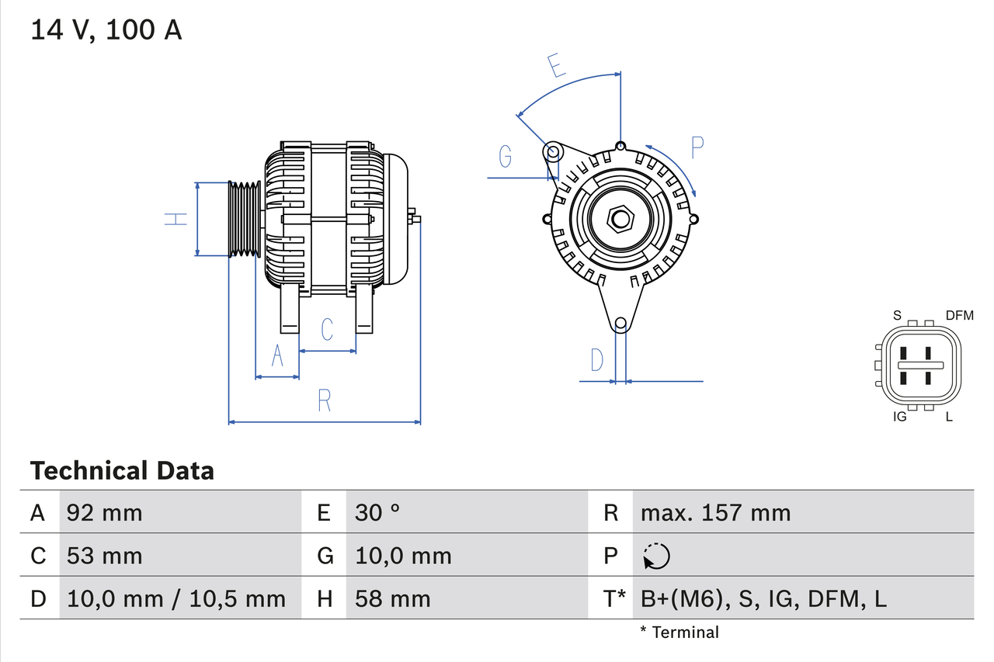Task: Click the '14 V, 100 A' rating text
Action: point(106,30)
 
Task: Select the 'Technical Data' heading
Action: point(122,470)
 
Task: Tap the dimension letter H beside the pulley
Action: point(177,219)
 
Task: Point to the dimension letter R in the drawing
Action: point(325,400)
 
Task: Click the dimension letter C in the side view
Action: point(327,329)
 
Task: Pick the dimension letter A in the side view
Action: point(277,356)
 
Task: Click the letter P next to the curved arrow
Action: point(697,147)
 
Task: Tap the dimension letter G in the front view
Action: point(506,157)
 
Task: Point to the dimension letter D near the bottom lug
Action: point(596,360)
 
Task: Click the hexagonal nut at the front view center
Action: point(619,219)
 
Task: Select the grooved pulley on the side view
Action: point(245,219)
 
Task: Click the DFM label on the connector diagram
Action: point(959,315)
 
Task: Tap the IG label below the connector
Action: point(900,417)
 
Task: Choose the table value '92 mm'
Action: point(105,512)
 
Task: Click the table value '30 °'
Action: point(377,512)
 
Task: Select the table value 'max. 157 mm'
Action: point(715,512)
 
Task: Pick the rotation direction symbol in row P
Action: point(656,556)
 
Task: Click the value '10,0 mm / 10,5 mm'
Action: point(176,598)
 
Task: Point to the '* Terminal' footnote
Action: point(679,633)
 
